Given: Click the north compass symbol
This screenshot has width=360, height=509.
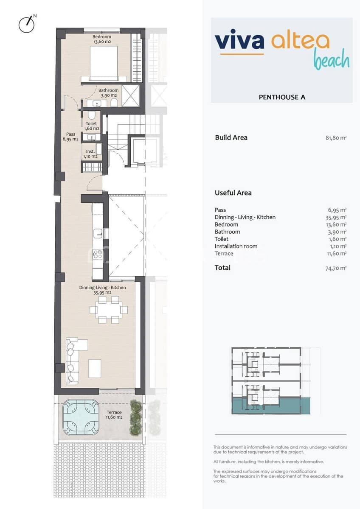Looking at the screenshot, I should tap(26, 24).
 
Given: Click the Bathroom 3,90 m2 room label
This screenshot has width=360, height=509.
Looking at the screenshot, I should tap(108, 93).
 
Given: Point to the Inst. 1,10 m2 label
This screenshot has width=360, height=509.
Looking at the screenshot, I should tap(90, 154).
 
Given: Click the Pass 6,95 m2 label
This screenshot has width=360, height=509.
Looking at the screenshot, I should tap(70, 137).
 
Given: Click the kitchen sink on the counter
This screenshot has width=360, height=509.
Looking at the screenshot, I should tap(98, 232).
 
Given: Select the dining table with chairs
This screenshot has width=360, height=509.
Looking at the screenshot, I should tap(108, 310).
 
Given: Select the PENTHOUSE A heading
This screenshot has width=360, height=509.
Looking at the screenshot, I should tap(282, 97).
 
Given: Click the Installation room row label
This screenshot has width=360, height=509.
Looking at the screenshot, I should tap(236, 246).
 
